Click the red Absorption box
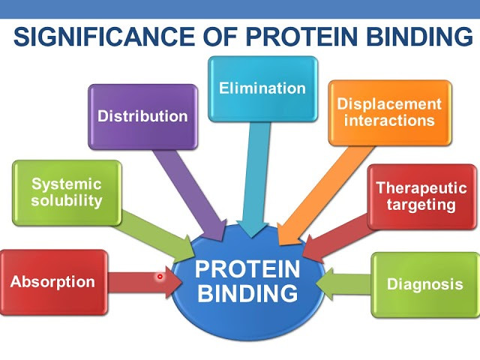tap(53, 283)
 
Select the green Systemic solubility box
tap(67, 193)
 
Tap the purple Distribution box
tap(142, 116)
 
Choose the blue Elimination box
tap(262, 88)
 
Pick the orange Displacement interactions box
tap(390, 112)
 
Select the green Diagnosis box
tap(424, 284)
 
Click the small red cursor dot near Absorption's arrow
tap(160, 277)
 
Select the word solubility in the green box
tap(67, 201)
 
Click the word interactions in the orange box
tap(390, 120)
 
